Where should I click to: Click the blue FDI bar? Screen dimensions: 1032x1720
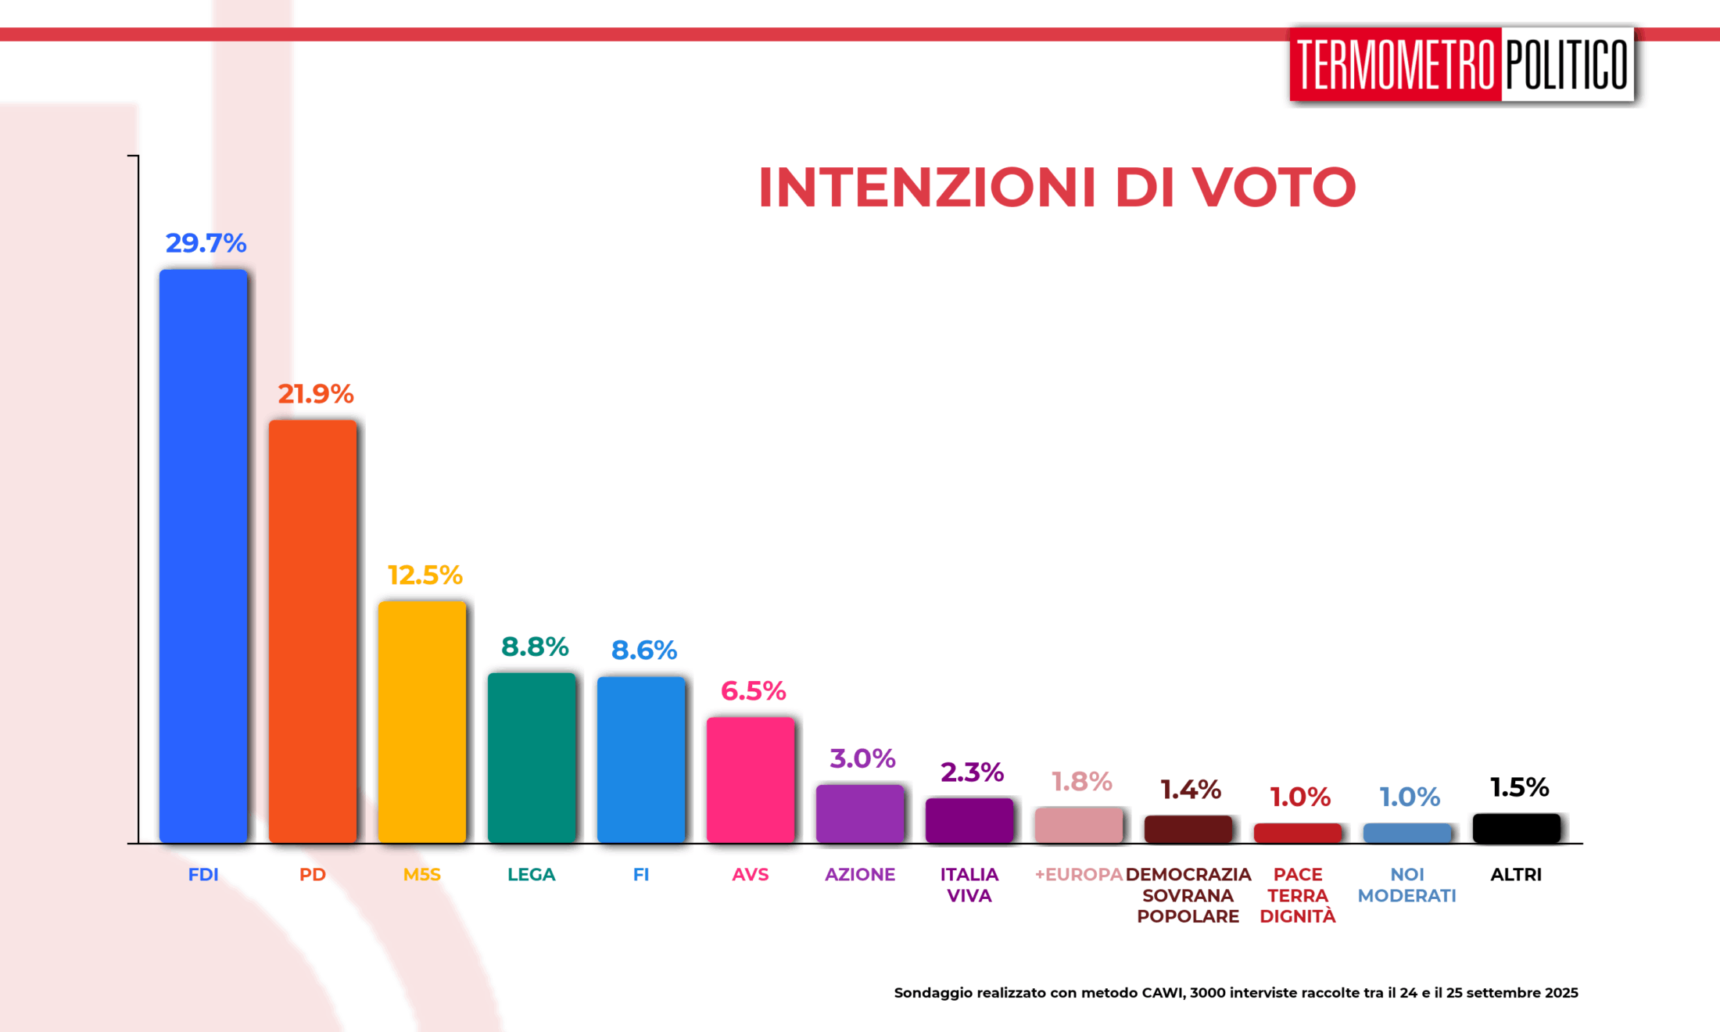click(203, 556)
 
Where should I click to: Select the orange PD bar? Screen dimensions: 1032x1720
click(313, 631)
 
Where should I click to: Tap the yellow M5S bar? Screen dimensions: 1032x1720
click(422, 722)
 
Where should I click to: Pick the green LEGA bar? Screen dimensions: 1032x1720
click(532, 758)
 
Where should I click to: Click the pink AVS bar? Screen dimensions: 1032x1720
click(751, 779)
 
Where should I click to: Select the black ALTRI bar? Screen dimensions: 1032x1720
click(1517, 828)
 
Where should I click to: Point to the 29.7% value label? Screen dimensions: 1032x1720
click(206, 243)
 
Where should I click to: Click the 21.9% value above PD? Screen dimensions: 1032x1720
click(316, 393)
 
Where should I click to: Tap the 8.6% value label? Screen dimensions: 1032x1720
click(644, 650)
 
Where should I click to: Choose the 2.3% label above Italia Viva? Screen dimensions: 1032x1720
click(972, 772)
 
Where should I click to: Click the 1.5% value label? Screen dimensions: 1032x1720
click(1519, 787)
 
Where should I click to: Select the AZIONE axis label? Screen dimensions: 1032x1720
click(860, 874)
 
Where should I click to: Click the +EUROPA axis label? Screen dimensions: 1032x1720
click(1079, 874)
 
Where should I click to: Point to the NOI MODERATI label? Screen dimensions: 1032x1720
click(1407, 885)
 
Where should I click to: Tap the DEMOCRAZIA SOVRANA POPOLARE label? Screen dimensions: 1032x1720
click(1188, 895)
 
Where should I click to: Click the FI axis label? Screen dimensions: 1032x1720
click(641, 874)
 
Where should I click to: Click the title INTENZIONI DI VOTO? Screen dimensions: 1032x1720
click(1057, 188)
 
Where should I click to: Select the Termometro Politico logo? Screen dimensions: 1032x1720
click(1462, 64)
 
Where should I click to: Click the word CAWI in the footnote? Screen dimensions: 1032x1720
click(1163, 993)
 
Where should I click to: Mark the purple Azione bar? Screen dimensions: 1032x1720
click(860, 813)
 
